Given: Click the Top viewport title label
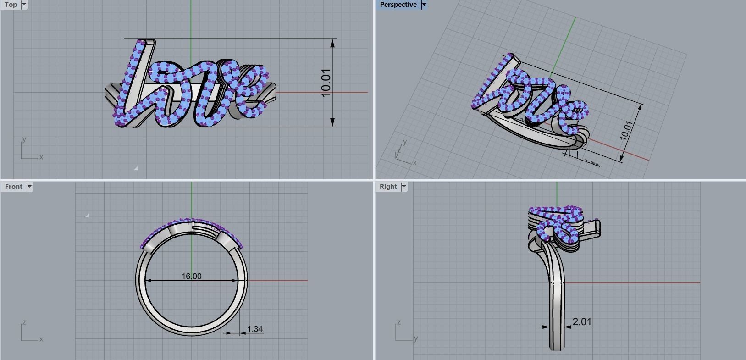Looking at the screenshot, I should [x=11, y=5].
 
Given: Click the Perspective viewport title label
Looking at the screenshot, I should [x=398, y=5].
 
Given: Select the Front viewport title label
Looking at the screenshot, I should [x=13, y=186].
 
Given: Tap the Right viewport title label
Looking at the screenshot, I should [x=388, y=186].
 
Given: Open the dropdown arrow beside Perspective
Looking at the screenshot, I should [x=424, y=5].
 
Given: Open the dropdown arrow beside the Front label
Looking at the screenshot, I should [x=29, y=186].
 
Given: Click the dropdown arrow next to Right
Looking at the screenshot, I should [x=404, y=186].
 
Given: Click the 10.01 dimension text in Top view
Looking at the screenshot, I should [x=326, y=83].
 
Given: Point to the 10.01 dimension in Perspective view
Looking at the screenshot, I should [x=626, y=130].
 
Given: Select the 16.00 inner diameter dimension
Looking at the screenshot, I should [x=191, y=276].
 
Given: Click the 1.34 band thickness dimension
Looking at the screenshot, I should [x=254, y=329].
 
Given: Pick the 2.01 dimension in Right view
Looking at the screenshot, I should [x=582, y=321].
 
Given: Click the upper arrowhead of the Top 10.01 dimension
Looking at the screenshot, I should [x=333, y=43].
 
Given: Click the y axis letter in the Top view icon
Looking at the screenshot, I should [x=24, y=139].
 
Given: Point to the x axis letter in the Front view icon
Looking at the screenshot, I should [x=41, y=339].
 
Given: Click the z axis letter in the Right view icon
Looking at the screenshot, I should [x=399, y=322].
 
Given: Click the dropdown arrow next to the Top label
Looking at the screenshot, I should [x=24, y=5].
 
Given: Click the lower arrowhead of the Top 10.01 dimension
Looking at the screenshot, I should [x=333, y=123].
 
